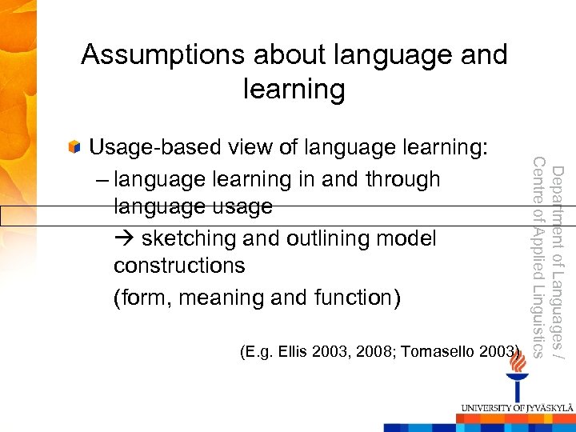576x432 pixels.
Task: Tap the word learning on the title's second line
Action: click(x=294, y=89)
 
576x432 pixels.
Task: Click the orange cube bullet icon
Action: click(x=74, y=147)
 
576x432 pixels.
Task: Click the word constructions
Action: click(x=179, y=266)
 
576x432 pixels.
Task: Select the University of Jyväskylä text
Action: click(x=515, y=408)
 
